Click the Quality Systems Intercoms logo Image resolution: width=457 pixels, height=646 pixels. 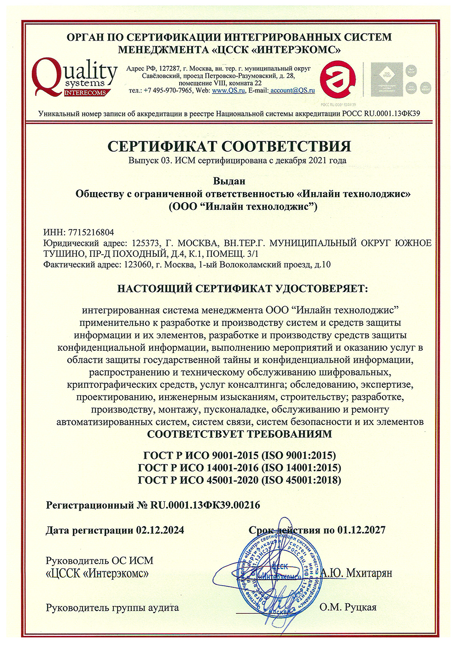74,77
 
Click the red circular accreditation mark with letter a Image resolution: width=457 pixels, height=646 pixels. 339,79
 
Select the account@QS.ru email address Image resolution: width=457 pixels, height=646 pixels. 293,91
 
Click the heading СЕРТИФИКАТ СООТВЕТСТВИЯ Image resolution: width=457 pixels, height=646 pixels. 229,146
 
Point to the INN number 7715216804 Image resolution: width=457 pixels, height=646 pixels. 91,233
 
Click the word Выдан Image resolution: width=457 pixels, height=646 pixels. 229,181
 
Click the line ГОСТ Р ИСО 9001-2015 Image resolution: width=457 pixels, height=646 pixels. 240,456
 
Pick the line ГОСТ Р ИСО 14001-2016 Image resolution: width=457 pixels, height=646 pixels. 240,468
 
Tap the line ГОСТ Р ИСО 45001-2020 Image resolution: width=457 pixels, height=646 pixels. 240,480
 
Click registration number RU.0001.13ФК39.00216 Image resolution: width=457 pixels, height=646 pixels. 205,505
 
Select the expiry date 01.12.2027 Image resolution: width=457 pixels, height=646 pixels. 361,530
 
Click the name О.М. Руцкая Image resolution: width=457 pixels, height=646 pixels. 348,607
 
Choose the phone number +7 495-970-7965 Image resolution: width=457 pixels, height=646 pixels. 168,91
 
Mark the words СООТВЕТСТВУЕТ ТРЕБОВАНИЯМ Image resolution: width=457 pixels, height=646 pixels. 239,434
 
